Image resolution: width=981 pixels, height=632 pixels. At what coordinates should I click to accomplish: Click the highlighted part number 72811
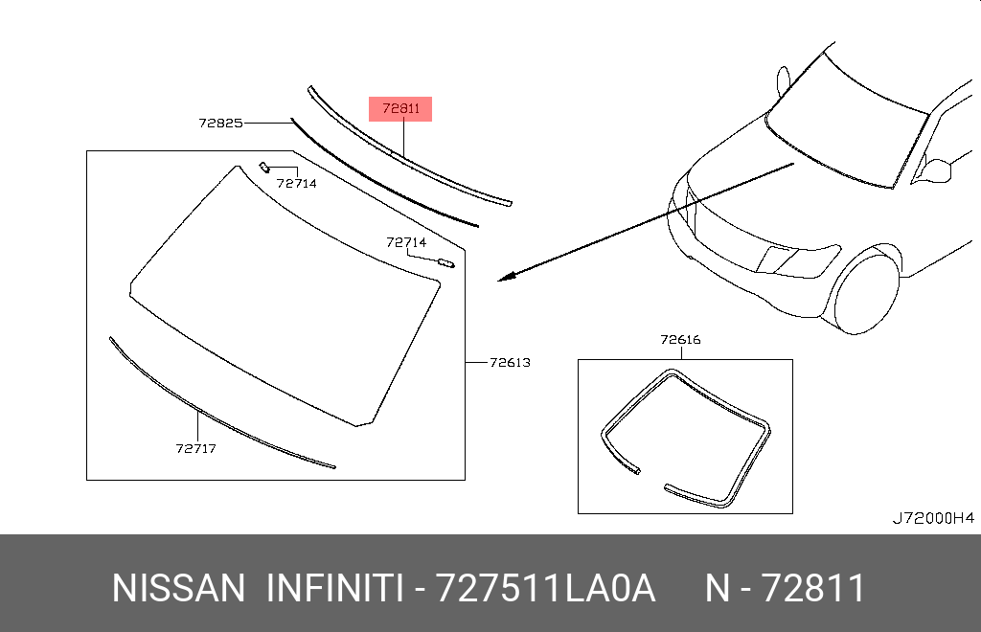[400, 109]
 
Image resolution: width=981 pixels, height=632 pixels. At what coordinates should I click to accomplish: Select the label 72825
[221, 124]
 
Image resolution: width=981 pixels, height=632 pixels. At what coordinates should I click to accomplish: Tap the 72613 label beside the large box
[510, 363]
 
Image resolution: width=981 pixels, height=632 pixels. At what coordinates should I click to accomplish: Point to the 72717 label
[195, 448]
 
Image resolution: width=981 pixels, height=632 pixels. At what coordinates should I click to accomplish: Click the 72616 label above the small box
[681, 339]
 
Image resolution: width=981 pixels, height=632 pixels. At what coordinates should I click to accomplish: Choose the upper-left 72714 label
[297, 183]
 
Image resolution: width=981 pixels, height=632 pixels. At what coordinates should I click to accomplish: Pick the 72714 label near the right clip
[406, 242]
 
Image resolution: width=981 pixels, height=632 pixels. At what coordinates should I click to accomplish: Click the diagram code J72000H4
[933, 518]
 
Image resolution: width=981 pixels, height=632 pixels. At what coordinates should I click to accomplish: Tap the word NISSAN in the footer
[179, 588]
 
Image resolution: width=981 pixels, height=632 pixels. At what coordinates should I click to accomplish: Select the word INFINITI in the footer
[334, 588]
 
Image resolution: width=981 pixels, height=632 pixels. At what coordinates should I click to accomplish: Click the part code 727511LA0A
[545, 588]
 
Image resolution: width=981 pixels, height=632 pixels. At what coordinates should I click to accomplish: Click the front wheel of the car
[866, 294]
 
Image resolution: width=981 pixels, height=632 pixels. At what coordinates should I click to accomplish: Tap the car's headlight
[798, 259]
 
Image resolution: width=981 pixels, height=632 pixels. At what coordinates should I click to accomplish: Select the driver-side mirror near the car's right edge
[936, 170]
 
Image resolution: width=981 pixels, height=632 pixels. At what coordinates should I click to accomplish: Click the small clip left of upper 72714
[264, 167]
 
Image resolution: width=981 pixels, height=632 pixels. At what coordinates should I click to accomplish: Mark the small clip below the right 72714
[446, 263]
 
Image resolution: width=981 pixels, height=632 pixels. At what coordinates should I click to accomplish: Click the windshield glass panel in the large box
[285, 294]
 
